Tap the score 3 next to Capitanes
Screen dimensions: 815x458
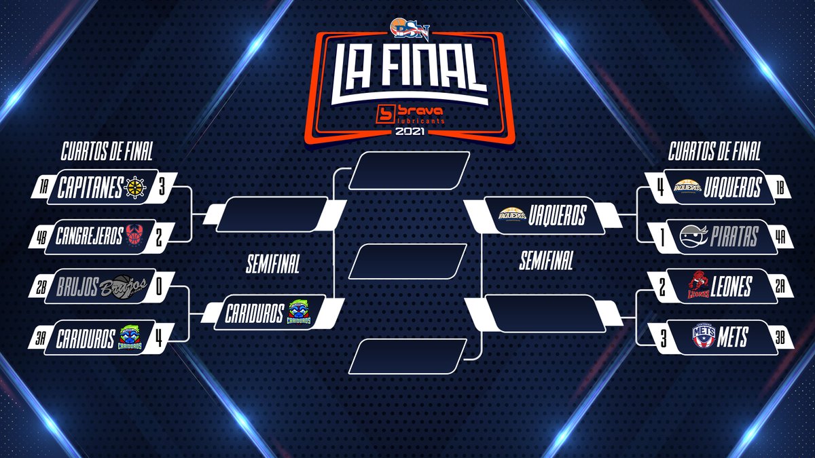[x=162, y=187]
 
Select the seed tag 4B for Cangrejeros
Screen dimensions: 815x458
[x=41, y=237]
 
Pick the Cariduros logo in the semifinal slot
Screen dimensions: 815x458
[x=300, y=313]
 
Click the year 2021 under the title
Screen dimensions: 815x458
[x=407, y=132]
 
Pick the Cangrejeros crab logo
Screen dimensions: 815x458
[x=133, y=235]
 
